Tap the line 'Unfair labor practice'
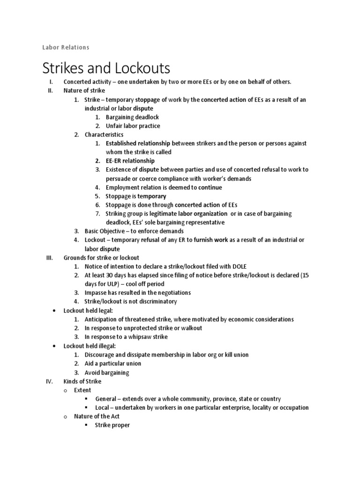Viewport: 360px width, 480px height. click(x=133, y=126)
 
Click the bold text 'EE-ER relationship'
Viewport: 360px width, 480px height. click(x=130, y=161)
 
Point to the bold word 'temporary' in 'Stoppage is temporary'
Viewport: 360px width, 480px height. click(x=151, y=196)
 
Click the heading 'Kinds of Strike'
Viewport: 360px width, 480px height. click(x=82, y=381)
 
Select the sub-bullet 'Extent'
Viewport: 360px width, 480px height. click(x=83, y=390)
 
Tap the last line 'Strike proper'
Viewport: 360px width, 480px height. click(x=112, y=425)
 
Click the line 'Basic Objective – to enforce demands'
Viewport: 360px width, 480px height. click(x=134, y=231)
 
